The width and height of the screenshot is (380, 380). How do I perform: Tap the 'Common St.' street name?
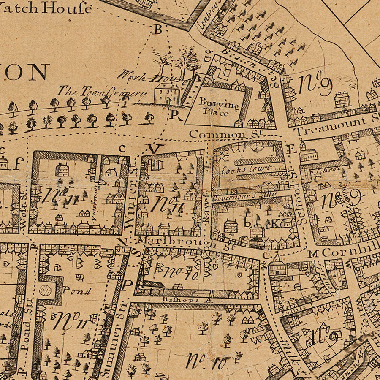pos(217,134)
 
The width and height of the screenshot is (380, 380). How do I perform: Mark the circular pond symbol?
pos(45,290)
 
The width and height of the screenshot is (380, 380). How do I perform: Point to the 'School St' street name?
pos(300,207)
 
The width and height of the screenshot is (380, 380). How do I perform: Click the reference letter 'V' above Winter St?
pos(156,148)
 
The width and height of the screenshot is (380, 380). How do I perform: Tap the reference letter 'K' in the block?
pos(274,224)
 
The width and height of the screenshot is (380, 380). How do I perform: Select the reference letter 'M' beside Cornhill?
pos(312,253)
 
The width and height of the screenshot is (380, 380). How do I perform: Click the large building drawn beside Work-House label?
pos(167,94)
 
